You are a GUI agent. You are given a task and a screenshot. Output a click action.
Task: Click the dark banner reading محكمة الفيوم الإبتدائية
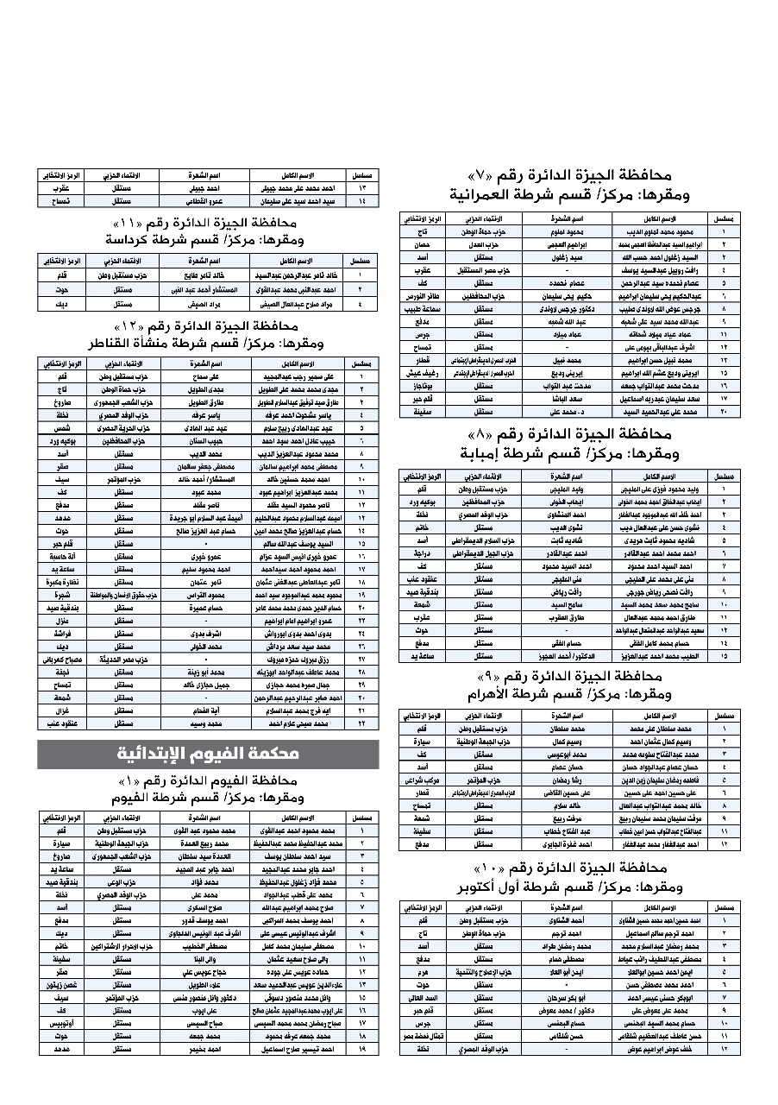tap(208, 755)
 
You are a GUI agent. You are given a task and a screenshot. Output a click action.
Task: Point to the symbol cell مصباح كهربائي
tap(62, 660)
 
